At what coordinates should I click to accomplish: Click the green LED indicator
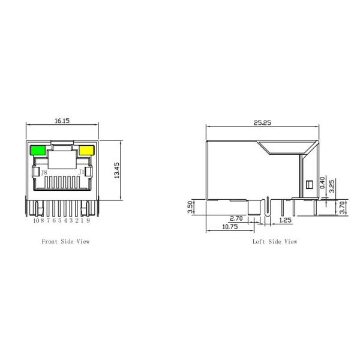click(x=37, y=150)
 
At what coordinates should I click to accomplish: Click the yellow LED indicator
click(x=86, y=150)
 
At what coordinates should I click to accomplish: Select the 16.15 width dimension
click(x=62, y=121)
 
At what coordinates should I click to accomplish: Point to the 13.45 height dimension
click(x=118, y=171)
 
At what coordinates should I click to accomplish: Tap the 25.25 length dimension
click(x=262, y=122)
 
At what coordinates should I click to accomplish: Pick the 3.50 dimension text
click(x=190, y=208)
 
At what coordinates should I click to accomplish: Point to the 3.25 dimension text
click(x=332, y=184)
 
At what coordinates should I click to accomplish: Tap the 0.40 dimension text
click(x=323, y=182)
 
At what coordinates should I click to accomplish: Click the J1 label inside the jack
click(x=81, y=172)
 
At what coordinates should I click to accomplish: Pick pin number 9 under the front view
click(x=88, y=221)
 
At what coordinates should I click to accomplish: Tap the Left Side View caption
click(x=275, y=242)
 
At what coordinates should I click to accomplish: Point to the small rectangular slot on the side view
click(x=310, y=185)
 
